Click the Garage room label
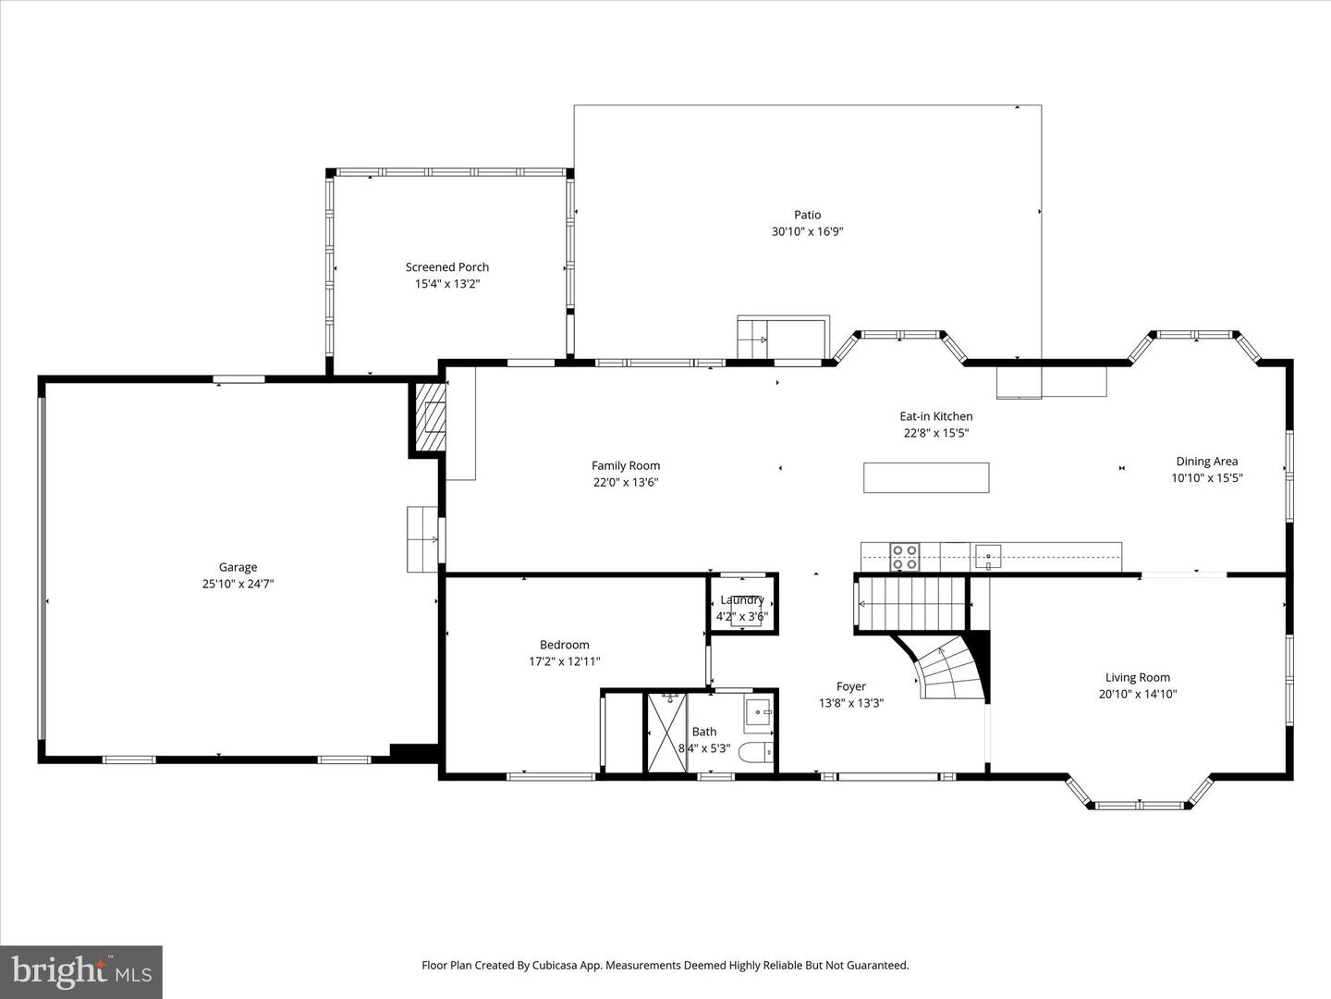pos(238,567)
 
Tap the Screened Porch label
pos(447,267)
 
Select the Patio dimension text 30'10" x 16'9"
pos(807,232)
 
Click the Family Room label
pos(626,465)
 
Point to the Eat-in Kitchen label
pos(935,416)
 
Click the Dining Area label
pos(1206,462)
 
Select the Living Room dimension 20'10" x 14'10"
pos(1137,694)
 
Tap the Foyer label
pos(850,686)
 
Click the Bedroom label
pos(564,645)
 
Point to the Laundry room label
pos(741,600)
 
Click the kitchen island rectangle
pos(926,477)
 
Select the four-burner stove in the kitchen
pos(904,557)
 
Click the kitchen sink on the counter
pos(988,557)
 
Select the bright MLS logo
pos(81,971)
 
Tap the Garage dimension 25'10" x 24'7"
pos(238,584)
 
